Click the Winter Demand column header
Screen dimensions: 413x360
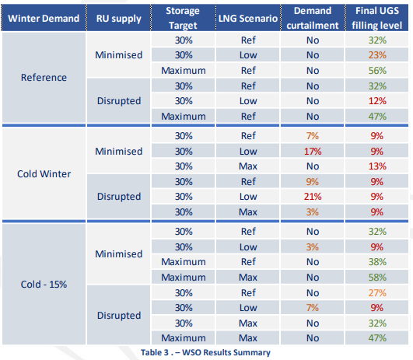(x=44, y=19)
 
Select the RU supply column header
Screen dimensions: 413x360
(x=119, y=19)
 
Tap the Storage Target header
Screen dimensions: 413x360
(x=183, y=18)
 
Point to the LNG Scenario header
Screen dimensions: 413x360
(x=248, y=19)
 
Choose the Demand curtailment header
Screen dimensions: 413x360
(x=313, y=18)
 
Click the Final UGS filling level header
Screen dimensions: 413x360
(x=377, y=18)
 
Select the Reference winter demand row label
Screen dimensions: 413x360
(x=44, y=78)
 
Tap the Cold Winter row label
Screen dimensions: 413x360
(x=44, y=174)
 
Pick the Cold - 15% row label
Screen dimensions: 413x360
(x=44, y=284)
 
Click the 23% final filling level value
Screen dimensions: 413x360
(x=377, y=55)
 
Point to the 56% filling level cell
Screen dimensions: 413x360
(x=377, y=71)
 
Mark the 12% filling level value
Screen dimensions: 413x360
(x=377, y=101)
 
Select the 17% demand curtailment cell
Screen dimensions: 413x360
(x=313, y=152)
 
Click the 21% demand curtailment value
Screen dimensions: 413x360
(x=313, y=197)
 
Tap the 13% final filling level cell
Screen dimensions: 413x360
(x=377, y=166)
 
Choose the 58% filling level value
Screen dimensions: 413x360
(x=377, y=278)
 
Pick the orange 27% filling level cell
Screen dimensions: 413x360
(x=377, y=293)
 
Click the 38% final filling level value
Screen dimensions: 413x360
(x=377, y=262)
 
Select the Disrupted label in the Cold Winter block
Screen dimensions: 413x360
(x=119, y=197)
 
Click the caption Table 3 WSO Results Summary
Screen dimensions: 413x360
(x=205, y=352)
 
